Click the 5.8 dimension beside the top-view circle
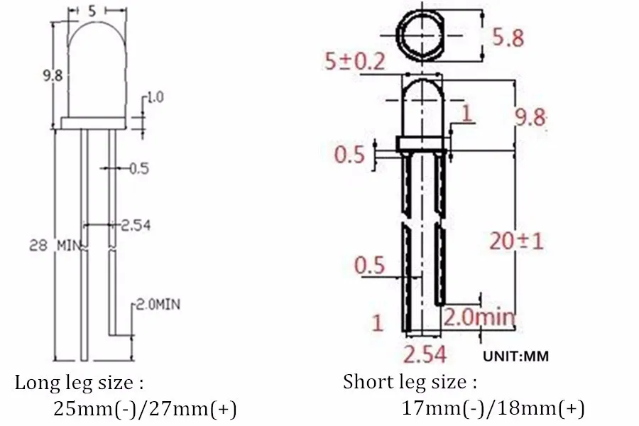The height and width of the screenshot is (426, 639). click(x=508, y=38)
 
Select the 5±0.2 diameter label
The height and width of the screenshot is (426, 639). click(x=354, y=62)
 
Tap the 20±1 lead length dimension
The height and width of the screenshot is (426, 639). click(x=516, y=241)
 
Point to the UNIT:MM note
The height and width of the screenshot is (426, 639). click(x=515, y=356)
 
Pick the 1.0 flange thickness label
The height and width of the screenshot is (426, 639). click(x=155, y=97)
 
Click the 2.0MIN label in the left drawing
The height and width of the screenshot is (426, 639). click(x=158, y=304)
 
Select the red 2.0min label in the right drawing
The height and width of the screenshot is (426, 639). click(x=479, y=317)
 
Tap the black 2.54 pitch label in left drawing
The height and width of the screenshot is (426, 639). click(x=136, y=225)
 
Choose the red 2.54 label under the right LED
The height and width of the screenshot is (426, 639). click(x=425, y=354)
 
